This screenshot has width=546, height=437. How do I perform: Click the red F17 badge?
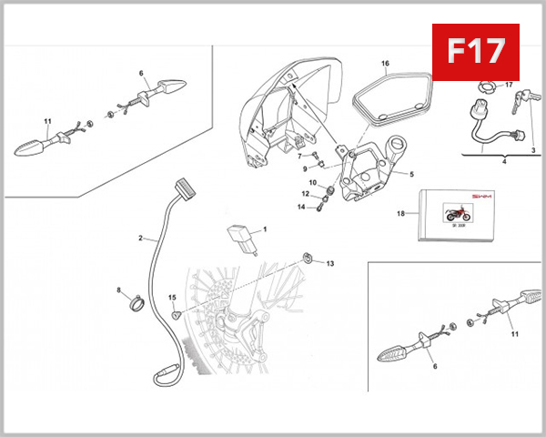pos(473,51)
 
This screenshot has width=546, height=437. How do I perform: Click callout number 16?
pos(385,65)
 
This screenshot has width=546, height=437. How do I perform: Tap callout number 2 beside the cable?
pos(141,239)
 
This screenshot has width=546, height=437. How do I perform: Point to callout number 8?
pos(118,290)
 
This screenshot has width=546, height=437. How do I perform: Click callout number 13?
pos(330,263)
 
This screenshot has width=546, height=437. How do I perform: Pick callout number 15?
pos(171,297)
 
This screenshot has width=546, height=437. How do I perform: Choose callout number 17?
pos(510,86)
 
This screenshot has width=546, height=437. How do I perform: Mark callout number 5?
pos(410,174)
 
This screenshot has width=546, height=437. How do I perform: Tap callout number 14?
pos(301,207)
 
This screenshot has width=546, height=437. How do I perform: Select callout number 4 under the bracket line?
pos(504,161)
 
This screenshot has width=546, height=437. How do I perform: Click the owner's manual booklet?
pos(460,215)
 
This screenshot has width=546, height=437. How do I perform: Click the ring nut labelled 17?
pos(487,88)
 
